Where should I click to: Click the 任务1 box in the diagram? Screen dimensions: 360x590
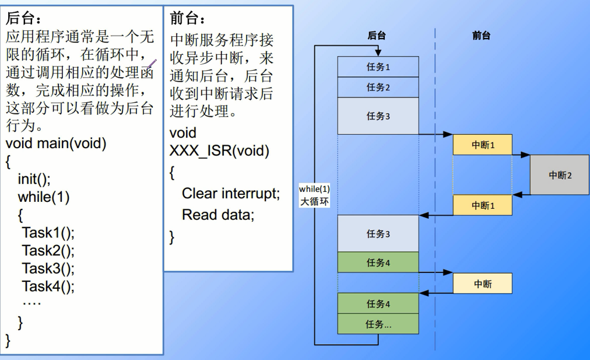[x=378, y=67]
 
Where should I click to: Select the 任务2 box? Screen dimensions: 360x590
[x=378, y=87]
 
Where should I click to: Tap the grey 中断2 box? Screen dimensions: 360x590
[x=560, y=174]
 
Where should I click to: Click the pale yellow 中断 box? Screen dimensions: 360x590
[x=482, y=284]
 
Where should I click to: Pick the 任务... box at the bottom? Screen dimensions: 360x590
[x=378, y=324]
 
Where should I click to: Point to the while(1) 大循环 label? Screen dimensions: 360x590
[x=314, y=195]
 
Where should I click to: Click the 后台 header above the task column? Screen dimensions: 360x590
[x=377, y=36]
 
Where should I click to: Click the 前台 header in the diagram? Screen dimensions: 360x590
[x=481, y=36]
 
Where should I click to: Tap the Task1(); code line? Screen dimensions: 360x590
[x=48, y=233]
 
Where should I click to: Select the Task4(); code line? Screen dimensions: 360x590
[x=48, y=286]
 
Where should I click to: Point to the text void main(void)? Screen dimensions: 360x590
[x=56, y=143]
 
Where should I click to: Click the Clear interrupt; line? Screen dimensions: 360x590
[x=231, y=193]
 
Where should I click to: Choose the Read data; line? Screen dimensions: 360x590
[x=218, y=214]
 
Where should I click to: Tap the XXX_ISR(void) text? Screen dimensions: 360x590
[x=219, y=151]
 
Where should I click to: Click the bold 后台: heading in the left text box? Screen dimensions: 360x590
[x=23, y=18]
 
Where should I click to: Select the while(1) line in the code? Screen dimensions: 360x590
[x=43, y=197]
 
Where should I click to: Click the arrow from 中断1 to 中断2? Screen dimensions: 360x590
[x=521, y=155]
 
